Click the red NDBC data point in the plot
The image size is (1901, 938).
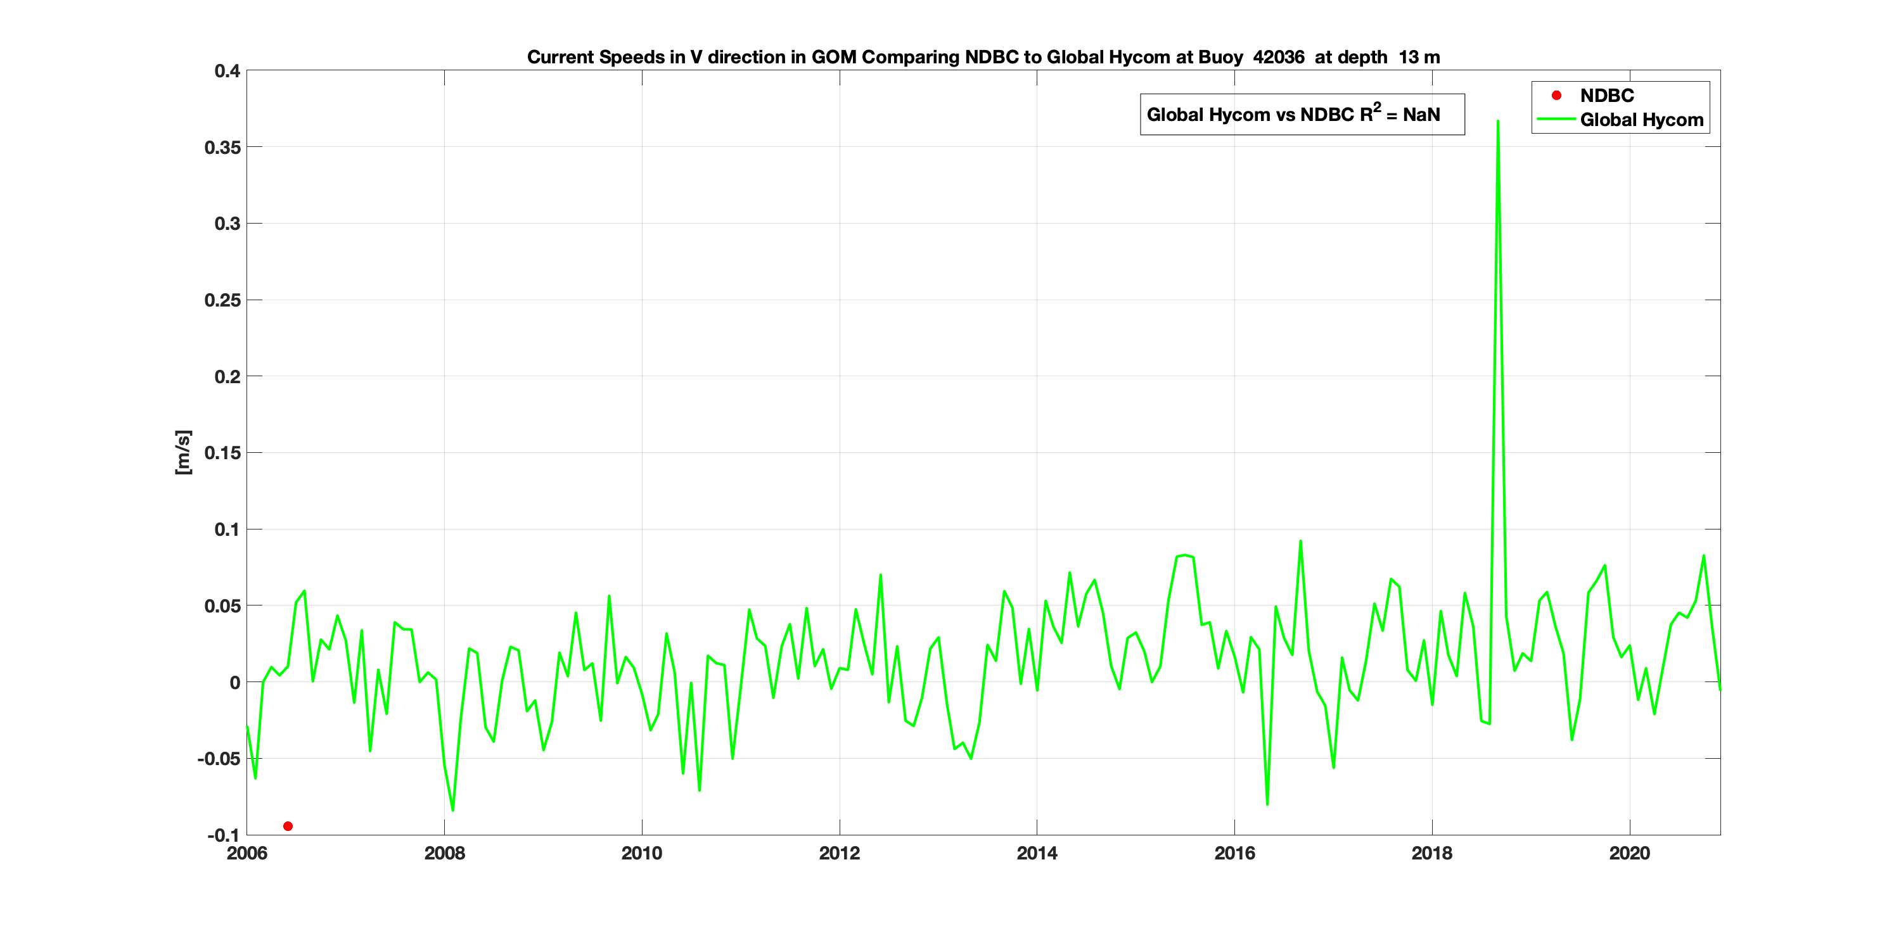click(x=288, y=826)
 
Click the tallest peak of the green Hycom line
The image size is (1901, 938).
click(x=1497, y=122)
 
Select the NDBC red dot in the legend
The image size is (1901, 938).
click(x=1556, y=95)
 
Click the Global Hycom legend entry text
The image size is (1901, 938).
click(x=1641, y=120)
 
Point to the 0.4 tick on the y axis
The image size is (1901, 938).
click(x=227, y=71)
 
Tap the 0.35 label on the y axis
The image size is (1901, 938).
click(x=222, y=148)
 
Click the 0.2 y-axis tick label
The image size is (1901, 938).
click(x=227, y=377)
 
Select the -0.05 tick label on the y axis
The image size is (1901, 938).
click(x=219, y=759)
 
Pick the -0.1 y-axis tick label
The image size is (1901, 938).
click(x=223, y=835)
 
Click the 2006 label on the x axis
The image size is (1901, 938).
click(x=246, y=853)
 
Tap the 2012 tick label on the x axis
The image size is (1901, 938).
click(x=839, y=853)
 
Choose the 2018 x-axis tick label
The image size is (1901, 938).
click(x=1431, y=853)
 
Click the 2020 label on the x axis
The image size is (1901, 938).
click(x=1629, y=853)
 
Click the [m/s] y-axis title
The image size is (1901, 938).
click(x=183, y=452)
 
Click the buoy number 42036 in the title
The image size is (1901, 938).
click(x=1278, y=57)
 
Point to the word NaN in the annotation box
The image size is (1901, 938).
click(x=1421, y=114)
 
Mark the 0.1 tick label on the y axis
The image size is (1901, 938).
click(x=227, y=529)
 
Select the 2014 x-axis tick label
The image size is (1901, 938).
click(x=1037, y=853)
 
